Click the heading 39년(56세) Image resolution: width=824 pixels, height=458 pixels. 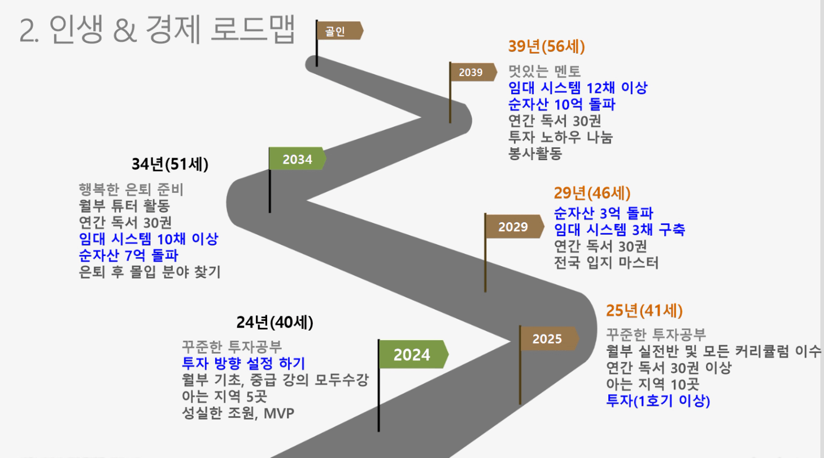pos(546,47)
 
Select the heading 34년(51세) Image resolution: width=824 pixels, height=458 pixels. pos(170,164)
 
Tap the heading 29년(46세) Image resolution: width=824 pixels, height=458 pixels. pos(592,193)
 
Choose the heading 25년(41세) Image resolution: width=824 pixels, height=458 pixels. pos(644,311)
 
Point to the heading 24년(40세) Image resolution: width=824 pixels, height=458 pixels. pos(274,323)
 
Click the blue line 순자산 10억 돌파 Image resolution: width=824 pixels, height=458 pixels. pos(561,104)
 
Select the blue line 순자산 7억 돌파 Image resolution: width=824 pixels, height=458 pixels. pos(128,256)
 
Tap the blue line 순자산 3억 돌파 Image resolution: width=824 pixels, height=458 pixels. pos(603,213)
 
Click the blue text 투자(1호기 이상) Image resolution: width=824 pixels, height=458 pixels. pos(658,400)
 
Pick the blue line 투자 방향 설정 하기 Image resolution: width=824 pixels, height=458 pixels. pos(243,363)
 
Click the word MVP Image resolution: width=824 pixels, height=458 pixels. pos(279,413)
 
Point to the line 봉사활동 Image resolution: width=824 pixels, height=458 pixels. pos(535,153)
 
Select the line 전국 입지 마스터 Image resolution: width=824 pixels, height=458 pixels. pos(606,263)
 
